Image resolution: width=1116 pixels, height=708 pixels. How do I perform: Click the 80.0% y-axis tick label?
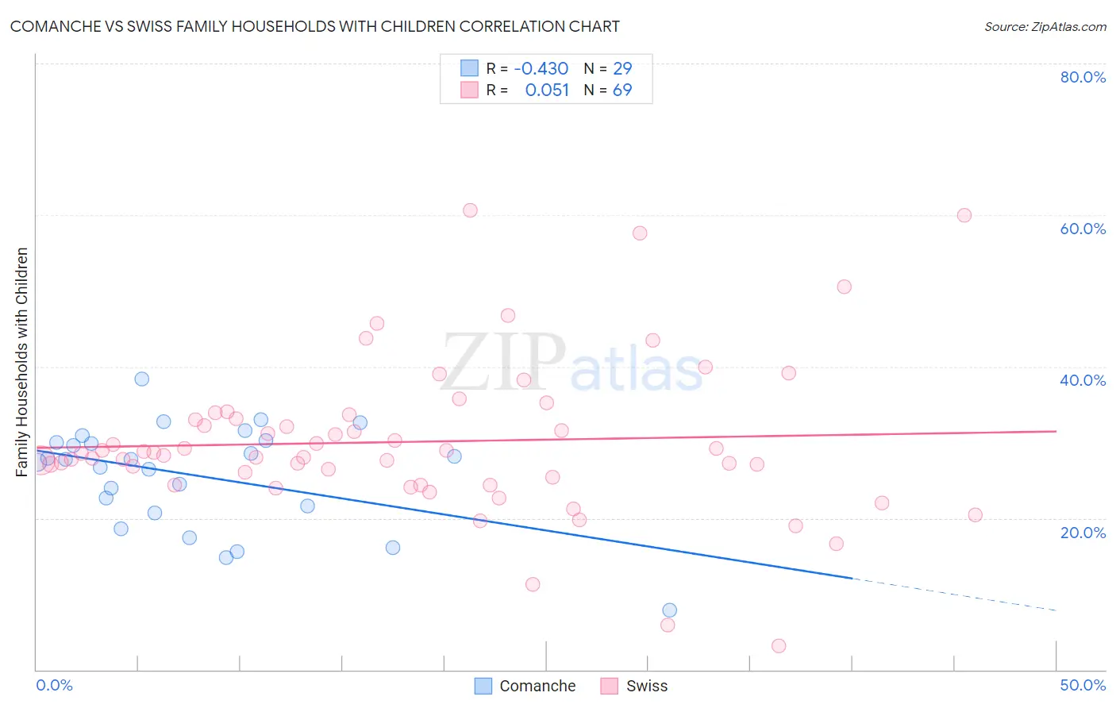(1083, 77)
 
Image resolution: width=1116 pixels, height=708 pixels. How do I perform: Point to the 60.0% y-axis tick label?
(1083, 229)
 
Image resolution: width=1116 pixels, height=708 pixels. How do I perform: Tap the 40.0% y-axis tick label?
(1083, 380)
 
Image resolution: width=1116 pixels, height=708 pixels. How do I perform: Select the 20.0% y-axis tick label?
(1083, 533)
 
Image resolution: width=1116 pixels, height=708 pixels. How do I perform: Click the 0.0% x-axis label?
(54, 685)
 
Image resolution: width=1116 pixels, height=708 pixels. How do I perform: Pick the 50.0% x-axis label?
(1083, 685)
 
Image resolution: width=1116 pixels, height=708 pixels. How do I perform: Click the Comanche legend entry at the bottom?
(525, 686)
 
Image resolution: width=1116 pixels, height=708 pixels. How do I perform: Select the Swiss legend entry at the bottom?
(634, 686)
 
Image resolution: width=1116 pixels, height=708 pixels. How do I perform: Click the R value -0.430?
(541, 68)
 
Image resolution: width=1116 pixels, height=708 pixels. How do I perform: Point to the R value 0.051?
(547, 90)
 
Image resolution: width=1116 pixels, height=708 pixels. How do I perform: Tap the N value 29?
(622, 68)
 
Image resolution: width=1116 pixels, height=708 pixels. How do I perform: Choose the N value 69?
(622, 90)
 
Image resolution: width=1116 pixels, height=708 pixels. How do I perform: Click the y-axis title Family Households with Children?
(21, 362)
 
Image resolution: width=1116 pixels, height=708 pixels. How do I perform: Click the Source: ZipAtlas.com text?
(1045, 26)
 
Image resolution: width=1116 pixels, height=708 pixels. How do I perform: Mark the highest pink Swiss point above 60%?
(470, 210)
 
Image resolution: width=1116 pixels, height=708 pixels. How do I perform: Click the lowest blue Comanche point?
(669, 610)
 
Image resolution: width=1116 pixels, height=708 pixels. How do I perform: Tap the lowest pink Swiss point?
(779, 646)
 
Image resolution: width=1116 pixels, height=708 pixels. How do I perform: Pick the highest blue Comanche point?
(141, 379)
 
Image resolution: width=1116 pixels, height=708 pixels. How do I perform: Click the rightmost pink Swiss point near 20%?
(975, 515)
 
